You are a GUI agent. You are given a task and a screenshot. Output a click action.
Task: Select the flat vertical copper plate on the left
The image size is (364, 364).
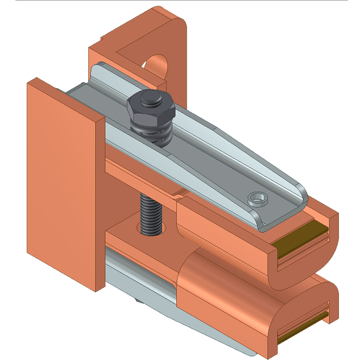click(60, 182)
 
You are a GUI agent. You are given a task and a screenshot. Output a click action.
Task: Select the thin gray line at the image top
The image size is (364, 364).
click(182, 1)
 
